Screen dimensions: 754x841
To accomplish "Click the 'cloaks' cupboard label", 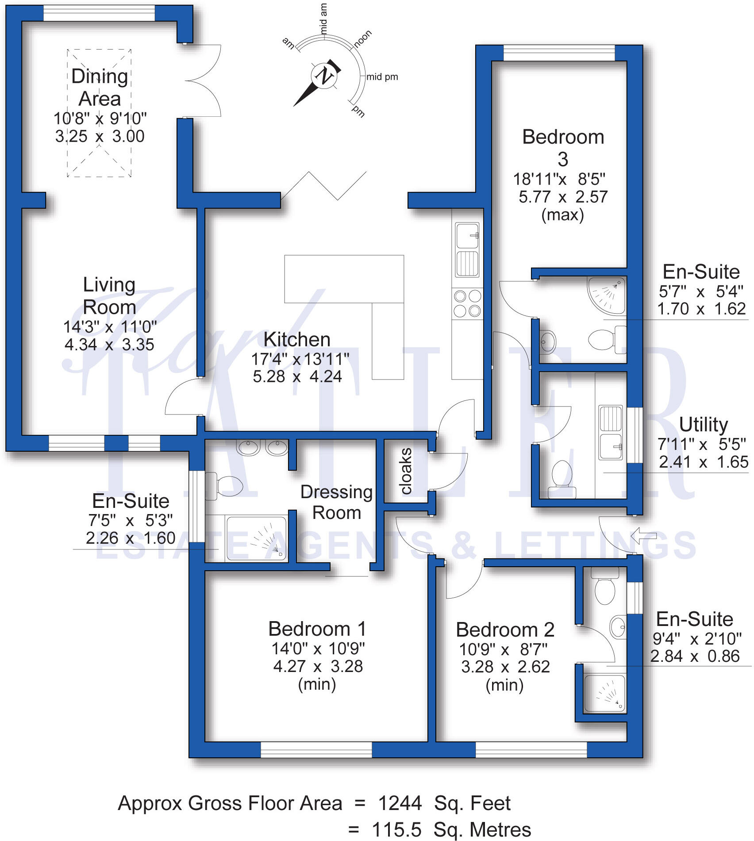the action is pyautogui.click(x=406, y=471).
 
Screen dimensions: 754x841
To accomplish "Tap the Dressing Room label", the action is pyautogui.click(x=337, y=502).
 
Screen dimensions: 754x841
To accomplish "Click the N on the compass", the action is pyautogui.click(x=324, y=76).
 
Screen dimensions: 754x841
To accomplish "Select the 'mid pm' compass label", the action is pyautogui.click(x=382, y=77).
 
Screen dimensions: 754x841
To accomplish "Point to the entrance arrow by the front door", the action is pyautogui.click(x=643, y=536).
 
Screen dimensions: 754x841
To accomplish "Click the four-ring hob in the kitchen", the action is pyautogui.click(x=467, y=303).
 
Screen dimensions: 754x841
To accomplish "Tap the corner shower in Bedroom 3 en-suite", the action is pyautogui.click(x=606, y=294).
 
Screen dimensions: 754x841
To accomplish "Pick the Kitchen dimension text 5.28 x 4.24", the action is pyautogui.click(x=297, y=376).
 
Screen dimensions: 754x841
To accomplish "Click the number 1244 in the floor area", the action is pyautogui.click(x=400, y=803).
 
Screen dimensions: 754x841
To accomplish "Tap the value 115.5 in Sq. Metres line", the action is pyautogui.click(x=396, y=829).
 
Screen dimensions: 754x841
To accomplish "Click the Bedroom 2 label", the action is pyautogui.click(x=505, y=629).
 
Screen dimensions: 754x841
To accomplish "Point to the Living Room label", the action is pyautogui.click(x=109, y=296).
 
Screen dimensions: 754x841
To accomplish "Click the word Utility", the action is pyautogui.click(x=704, y=425).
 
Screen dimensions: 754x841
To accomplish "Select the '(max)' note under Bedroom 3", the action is pyautogui.click(x=563, y=215).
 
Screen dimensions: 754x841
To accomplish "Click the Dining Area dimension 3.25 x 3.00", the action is pyautogui.click(x=100, y=136).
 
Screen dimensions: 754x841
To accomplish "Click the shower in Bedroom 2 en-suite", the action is pyautogui.click(x=605, y=693).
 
